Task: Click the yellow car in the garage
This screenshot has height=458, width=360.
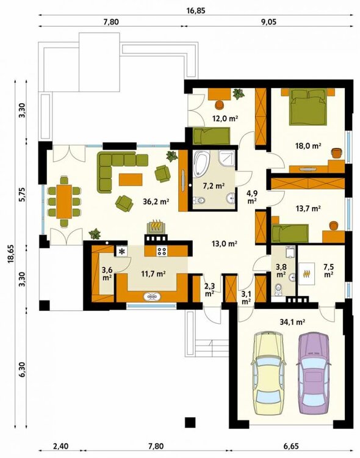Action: click(268, 373)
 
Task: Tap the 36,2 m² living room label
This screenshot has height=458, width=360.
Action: click(156, 202)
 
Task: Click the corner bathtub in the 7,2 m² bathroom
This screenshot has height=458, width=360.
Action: click(203, 164)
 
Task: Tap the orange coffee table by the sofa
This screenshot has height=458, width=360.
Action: click(131, 180)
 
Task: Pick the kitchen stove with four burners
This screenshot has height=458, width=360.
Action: click(162, 251)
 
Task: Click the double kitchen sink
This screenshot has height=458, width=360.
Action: click(152, 297)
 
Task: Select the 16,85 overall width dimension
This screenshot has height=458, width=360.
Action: click(196, 11)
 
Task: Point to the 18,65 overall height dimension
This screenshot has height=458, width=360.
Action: click(10, 254)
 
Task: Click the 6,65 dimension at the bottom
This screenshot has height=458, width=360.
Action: click(290, 446)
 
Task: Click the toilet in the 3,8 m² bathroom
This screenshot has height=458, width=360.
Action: click(279, 289)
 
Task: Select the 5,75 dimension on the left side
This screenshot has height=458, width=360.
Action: click(23, 193)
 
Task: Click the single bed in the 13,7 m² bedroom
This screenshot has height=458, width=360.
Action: click(290, 233)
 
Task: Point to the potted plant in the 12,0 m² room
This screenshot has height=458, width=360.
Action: click(238, 94)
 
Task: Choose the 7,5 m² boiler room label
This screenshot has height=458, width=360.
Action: click(329, 271)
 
